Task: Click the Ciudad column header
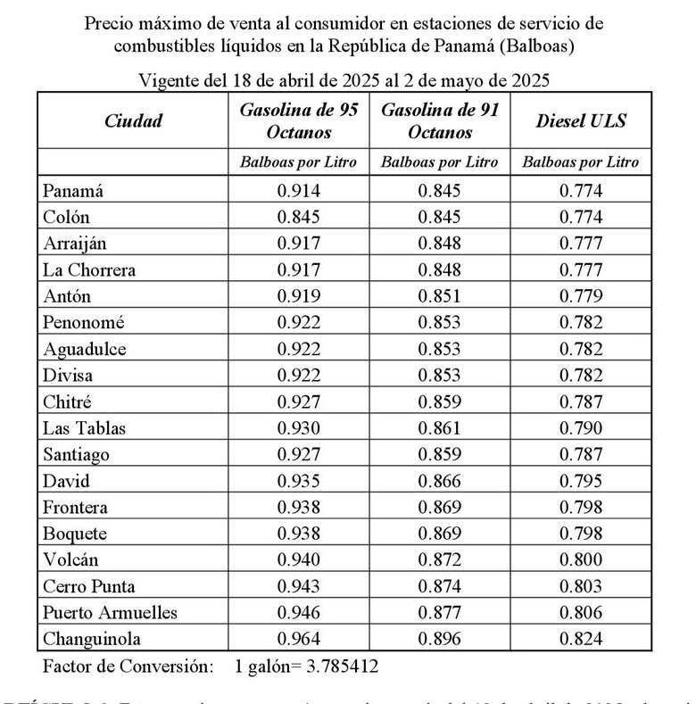click(133, 121)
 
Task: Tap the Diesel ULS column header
click(581, 121)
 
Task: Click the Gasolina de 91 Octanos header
click(439, 121)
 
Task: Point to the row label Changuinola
click(92, 639)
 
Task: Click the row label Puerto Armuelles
click(110, 613)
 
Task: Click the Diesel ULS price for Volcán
click(581, 560)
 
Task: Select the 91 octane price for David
click(439, 481)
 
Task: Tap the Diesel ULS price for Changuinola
click(581, 639)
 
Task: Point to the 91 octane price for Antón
click(439, 296)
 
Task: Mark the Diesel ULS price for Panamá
click(581, 190)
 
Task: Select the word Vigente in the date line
click(170, 80)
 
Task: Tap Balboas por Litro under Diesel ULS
click(581, 162)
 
